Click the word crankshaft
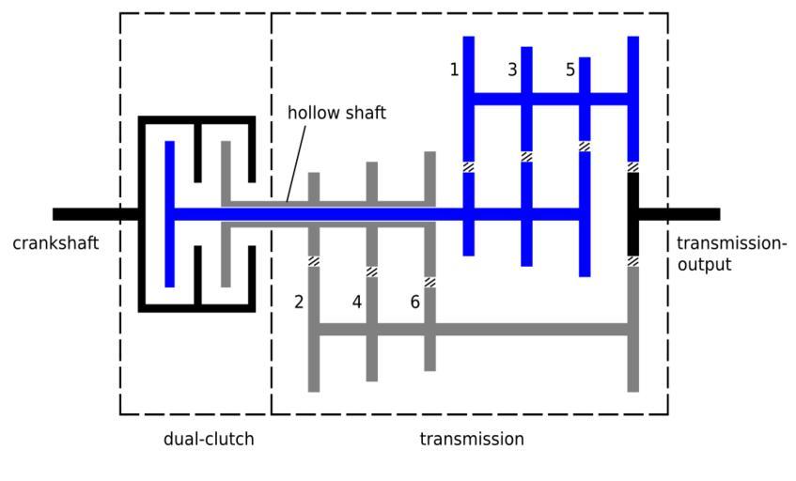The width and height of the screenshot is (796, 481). pos(55,244)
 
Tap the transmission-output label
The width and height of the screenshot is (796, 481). pos(730,254)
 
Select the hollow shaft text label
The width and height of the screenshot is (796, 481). pos(336,113)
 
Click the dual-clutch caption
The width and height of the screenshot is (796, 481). pos(209,439)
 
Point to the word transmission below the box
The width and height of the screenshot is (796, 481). pos(471,439)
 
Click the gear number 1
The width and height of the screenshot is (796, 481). pos(455,70)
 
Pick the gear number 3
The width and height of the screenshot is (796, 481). pos(512,70)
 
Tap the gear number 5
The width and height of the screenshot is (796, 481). pos(570,70)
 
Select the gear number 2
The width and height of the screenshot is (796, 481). pos(299,302)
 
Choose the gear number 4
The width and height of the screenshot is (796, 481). pos(357,302)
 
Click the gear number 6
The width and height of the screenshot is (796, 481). pos(415,302)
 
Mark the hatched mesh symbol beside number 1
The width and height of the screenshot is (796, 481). pos(468,167)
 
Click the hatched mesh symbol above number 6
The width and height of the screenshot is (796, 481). pos(429,282)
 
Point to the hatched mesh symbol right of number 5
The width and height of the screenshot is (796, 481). pos(585,146)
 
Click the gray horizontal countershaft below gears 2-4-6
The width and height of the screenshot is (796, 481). pos(470,330)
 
